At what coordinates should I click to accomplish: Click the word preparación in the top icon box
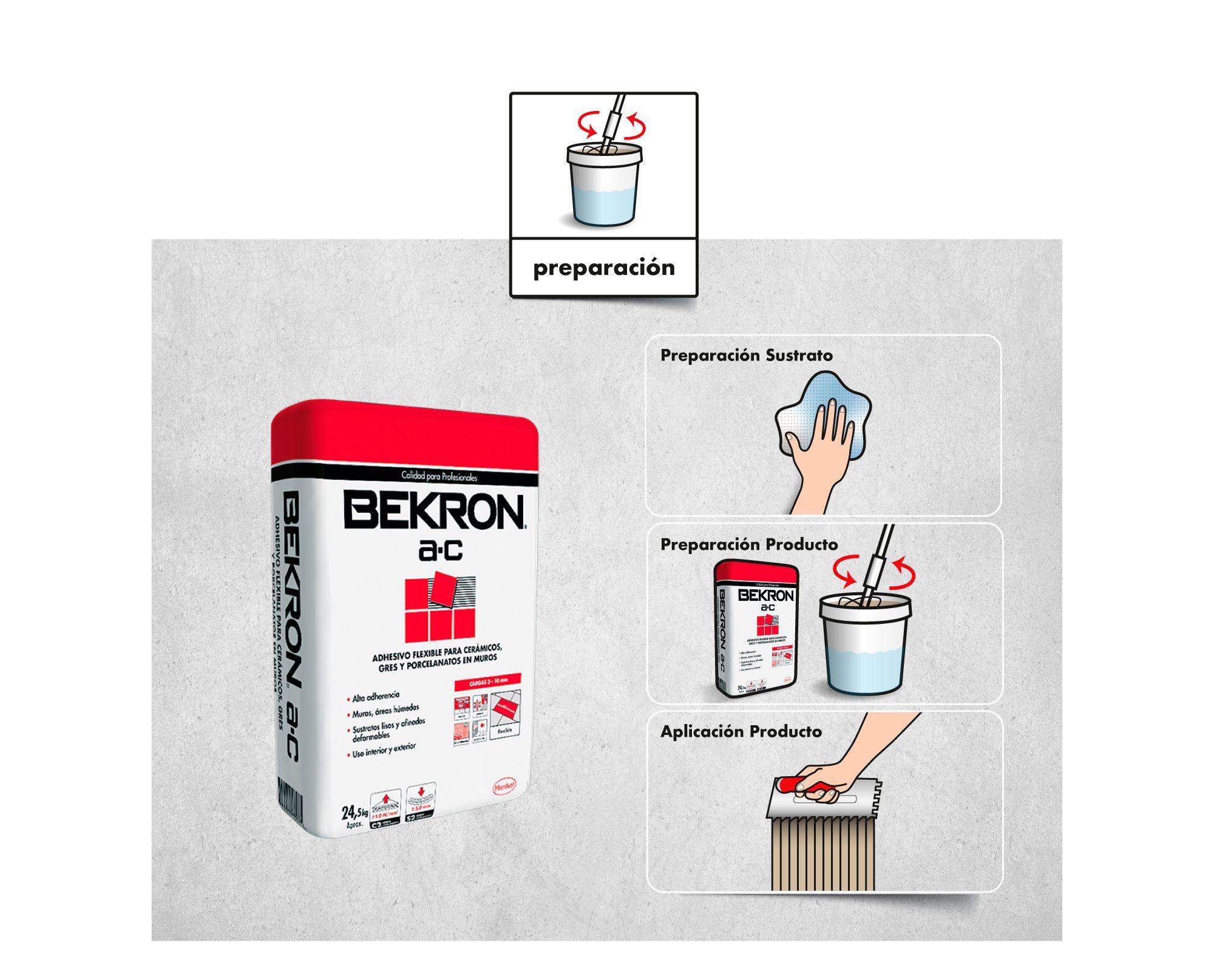coord(604,268)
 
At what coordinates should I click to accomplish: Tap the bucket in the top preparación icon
coord(603,188)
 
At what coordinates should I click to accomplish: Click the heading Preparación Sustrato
coord(747,355)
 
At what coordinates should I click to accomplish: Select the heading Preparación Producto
coord(749,544)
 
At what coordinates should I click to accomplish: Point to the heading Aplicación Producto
coord(741,731)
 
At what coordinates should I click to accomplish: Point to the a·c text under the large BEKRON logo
coord(440,550)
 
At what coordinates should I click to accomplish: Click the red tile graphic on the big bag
coord(440,607)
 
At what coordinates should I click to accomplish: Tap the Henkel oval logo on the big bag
coord(505,785)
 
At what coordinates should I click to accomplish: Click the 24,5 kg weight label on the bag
coord(355,813)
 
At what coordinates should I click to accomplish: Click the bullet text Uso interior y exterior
coord(384,751)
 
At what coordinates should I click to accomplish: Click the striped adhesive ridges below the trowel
coord(822,856)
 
